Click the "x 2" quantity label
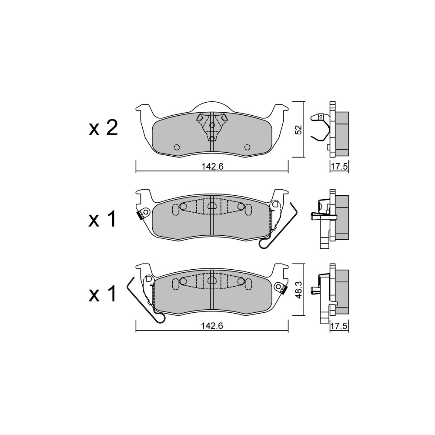[x=103, y=128]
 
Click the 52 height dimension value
[x=298, y=130]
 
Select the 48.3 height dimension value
[x=298, y=289]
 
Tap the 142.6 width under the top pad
[x=213, y=167]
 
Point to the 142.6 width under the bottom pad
[x=213, y=326]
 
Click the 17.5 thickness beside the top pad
[x=339, y=167]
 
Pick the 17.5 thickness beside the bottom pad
[x=339, y=326]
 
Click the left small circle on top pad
[x=177, y=147]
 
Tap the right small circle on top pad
[x=247, y=147]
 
